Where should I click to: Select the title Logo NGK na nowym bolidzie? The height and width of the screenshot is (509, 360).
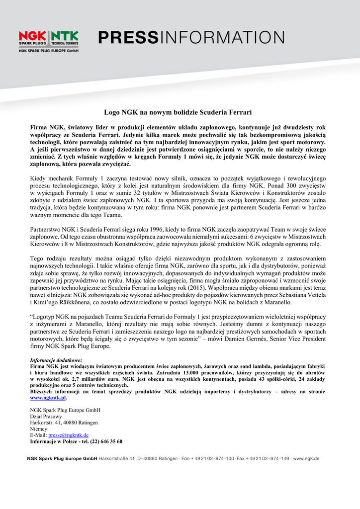pos(178,112)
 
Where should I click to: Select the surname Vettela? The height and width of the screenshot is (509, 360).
pos(314,295)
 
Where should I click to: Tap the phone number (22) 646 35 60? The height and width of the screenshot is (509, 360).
pos(103,441)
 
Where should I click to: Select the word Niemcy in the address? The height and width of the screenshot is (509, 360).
pos(38,428)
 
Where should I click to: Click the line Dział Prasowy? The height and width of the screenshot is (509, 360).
pos(46,417)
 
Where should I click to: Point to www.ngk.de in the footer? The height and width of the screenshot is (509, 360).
pos(306,458)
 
